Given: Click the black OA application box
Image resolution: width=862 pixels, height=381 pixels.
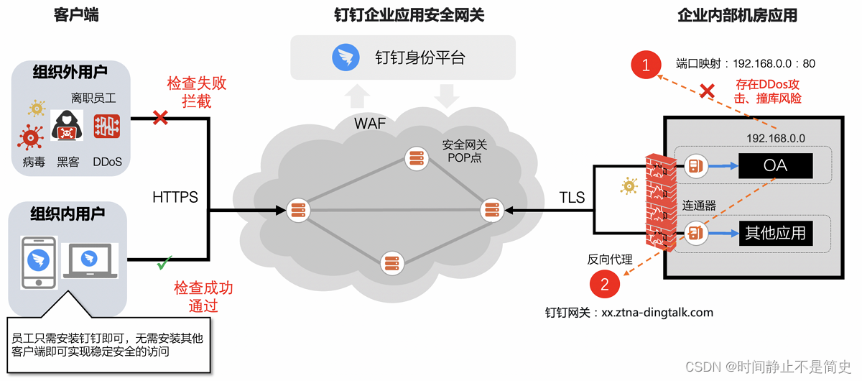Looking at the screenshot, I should click(x=775, y=165).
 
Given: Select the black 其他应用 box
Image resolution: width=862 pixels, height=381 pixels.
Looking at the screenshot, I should click(x=775, y=233).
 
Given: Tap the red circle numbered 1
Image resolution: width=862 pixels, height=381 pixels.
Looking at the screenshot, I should click(x=646, y=65).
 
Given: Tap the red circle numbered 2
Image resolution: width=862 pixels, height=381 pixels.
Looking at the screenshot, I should click(x=604, y=284).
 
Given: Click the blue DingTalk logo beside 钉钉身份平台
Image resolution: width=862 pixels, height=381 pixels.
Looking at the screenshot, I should click(x=346, y=58).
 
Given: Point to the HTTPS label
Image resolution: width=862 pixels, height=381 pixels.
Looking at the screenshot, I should click(x=175, y=197).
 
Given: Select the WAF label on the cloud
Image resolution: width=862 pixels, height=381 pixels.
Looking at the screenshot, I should click(x=370, y=123).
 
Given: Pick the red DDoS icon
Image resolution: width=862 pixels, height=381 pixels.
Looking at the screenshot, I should click(x=107, y=127).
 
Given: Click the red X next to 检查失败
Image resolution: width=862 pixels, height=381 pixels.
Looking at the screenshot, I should click(x=161, y=117).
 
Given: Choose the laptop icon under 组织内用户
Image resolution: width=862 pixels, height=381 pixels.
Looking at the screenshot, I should click(x=90, y=260).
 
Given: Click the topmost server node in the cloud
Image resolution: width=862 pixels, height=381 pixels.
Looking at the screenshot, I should click(x=415, y=158).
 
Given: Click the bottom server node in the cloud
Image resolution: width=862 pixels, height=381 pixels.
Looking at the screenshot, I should click(x=390, y=263).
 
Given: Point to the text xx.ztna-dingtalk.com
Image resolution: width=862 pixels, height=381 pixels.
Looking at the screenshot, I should click(x=657, y=313).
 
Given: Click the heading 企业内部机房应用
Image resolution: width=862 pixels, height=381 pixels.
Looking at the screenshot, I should click(x=737, y=16).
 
